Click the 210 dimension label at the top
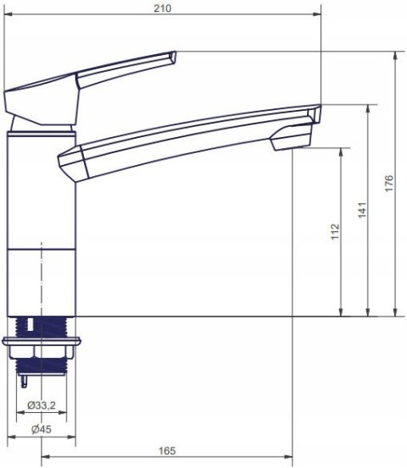(x=163, y=8)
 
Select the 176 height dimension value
(x=388, y=184)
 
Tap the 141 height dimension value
(x=362, y=210)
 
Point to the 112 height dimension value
(x=335, y=231)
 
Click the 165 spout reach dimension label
(x=167, y=451)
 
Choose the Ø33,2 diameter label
(x=42, y=405)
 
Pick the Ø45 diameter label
(x=42, y=429)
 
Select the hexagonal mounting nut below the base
(x=42, y=352)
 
